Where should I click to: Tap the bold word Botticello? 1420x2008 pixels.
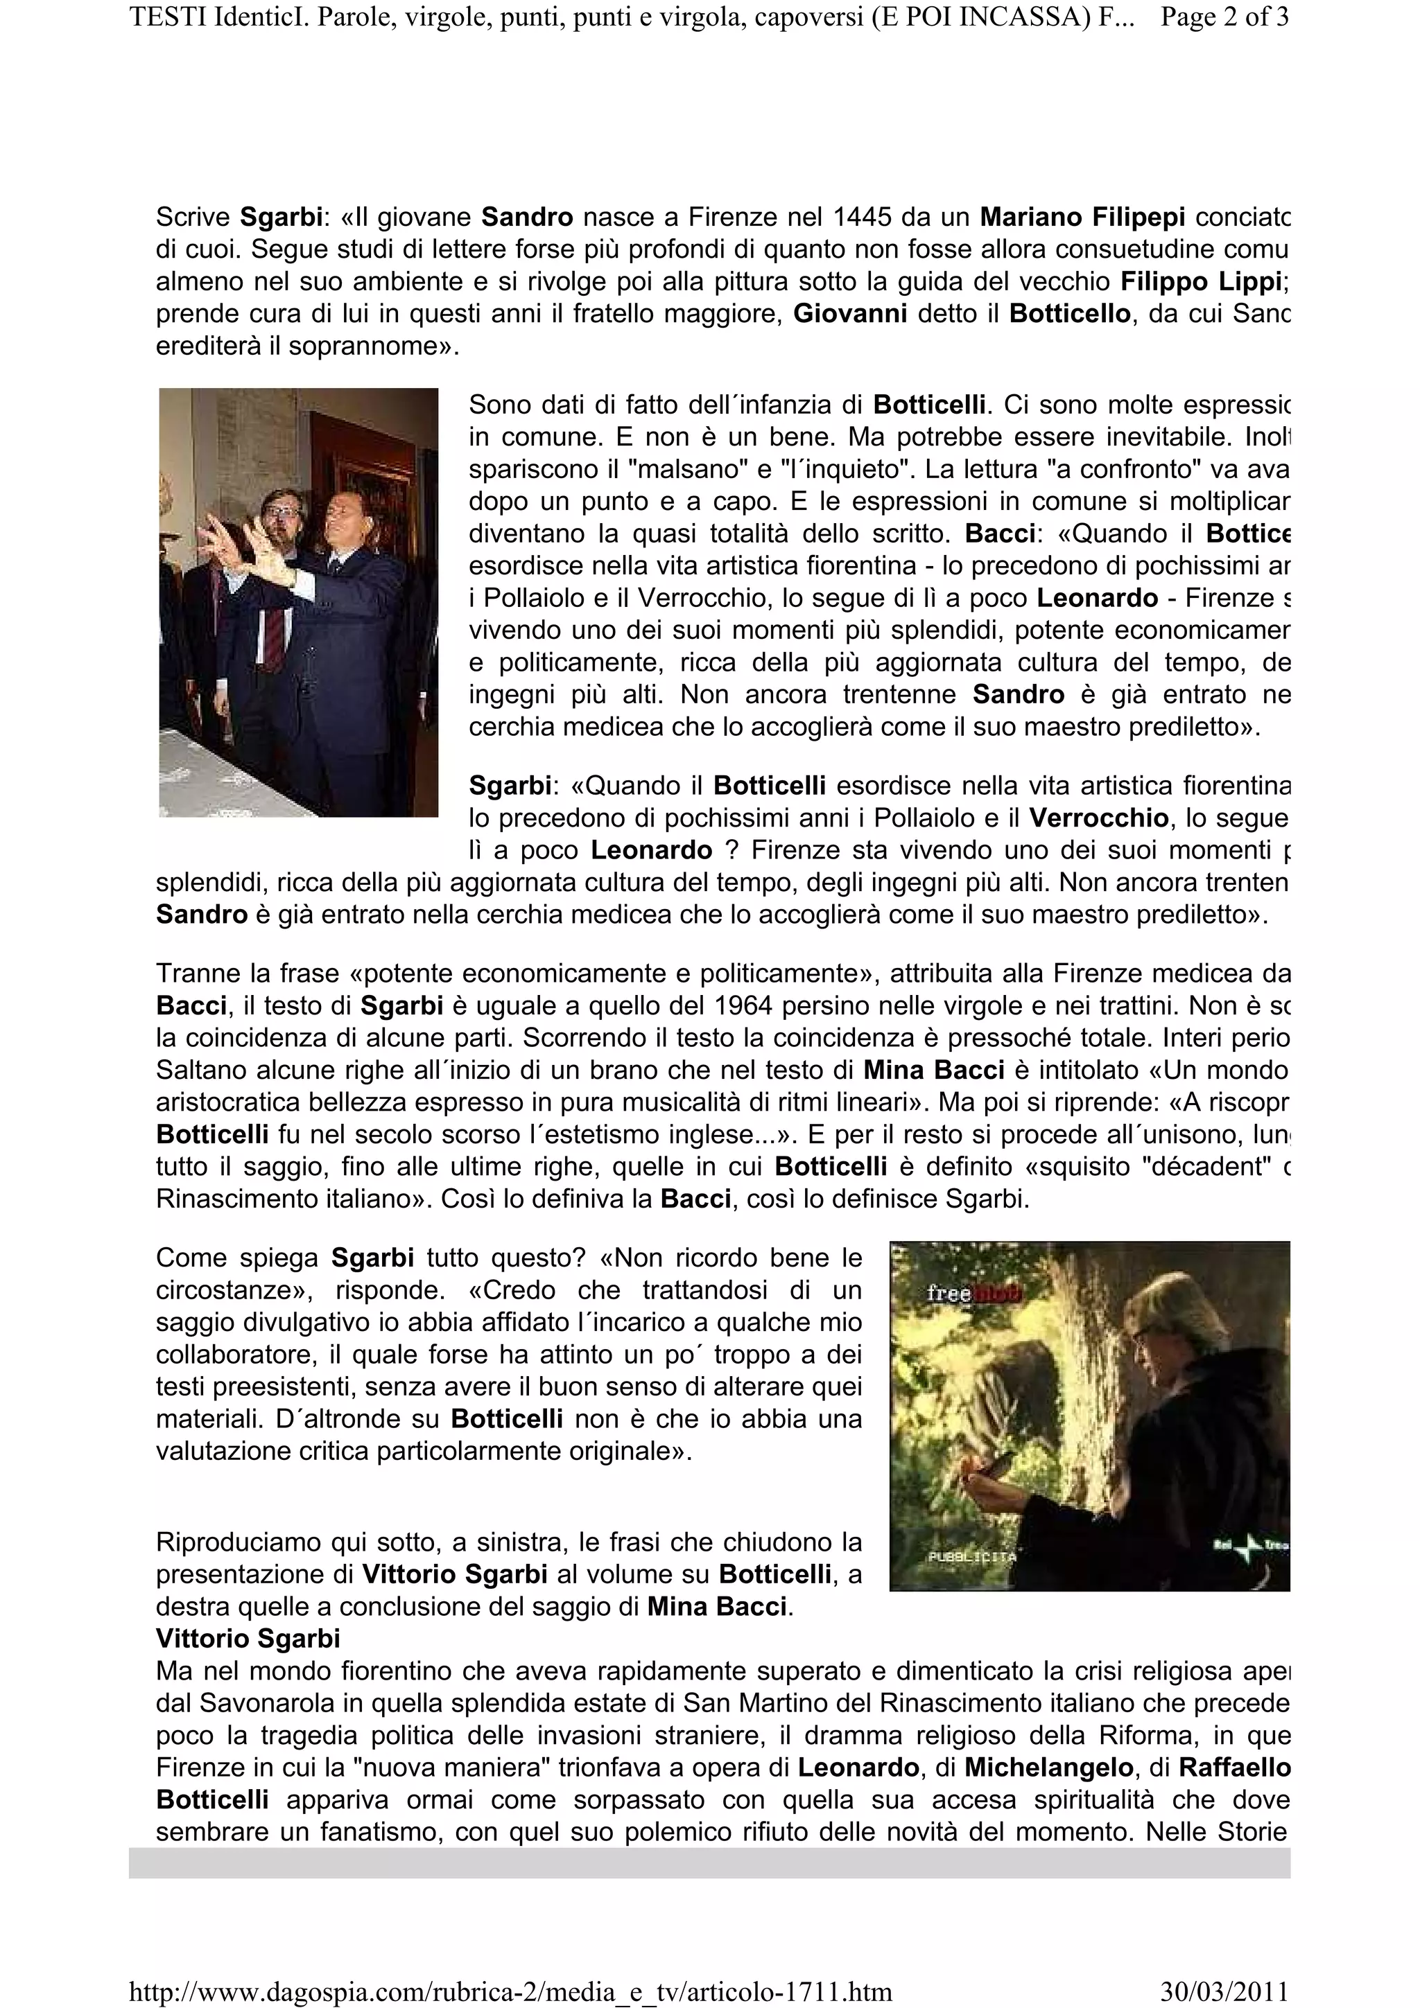click(x=1069, y=314)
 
